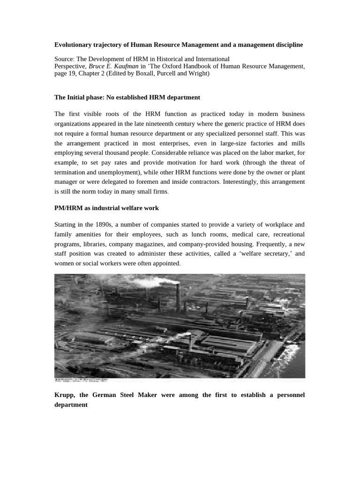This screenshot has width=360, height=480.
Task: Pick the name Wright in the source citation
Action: pyautogui.click(x=198, y=74)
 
